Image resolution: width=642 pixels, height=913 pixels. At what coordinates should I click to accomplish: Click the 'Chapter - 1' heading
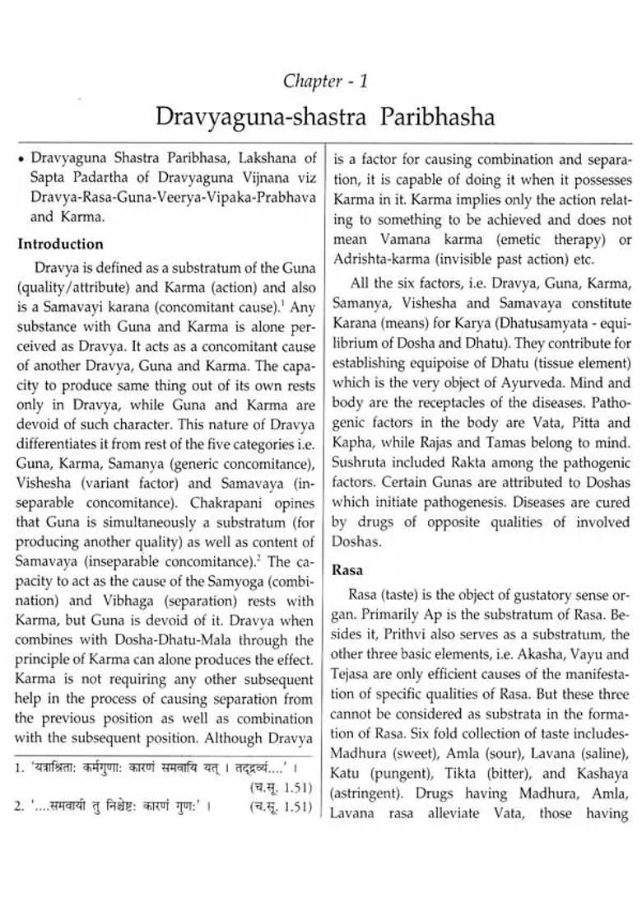coord(325,81)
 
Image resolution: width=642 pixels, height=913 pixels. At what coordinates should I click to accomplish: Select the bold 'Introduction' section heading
coord(61,244)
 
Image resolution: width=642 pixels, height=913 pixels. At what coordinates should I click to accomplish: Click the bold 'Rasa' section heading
coord(347,569)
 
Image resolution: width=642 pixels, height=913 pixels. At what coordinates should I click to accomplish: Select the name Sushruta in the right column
coord(361,463)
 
